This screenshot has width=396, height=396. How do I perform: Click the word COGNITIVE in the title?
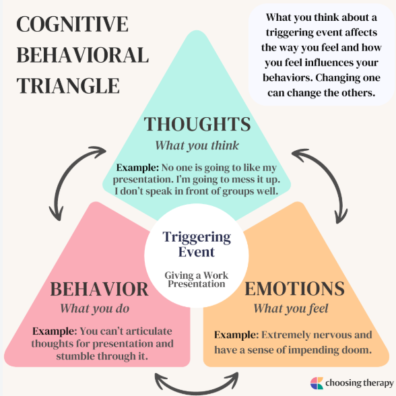click(x=72, y=24)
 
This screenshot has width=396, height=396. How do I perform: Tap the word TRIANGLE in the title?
click(x=68, y=86)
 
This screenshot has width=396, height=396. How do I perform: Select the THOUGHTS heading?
click(x=197, y=124)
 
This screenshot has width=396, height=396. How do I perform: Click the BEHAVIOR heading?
click(x=99, y=289)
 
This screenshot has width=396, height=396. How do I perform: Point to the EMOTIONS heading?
click(x=295, y=288)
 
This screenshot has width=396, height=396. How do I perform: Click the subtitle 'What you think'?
click(x=197, y=145)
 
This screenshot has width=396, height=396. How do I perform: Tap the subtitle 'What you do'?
click(x=95, y=308)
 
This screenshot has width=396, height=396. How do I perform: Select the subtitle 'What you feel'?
click(x=291, y=308)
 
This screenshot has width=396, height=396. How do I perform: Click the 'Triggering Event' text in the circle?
click(x=197, y=244)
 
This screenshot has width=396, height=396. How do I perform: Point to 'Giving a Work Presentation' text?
click(x=197, y=279)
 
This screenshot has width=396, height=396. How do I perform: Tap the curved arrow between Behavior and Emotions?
click(x=197, y=390)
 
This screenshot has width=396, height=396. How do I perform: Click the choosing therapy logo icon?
click(x=317, y=383)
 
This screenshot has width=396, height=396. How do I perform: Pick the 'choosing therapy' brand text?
click(x=360, y=383)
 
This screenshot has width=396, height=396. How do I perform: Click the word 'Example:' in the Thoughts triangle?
click(x=137, y=168)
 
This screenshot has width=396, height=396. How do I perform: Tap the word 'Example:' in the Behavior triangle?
click(x=55, y=331)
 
